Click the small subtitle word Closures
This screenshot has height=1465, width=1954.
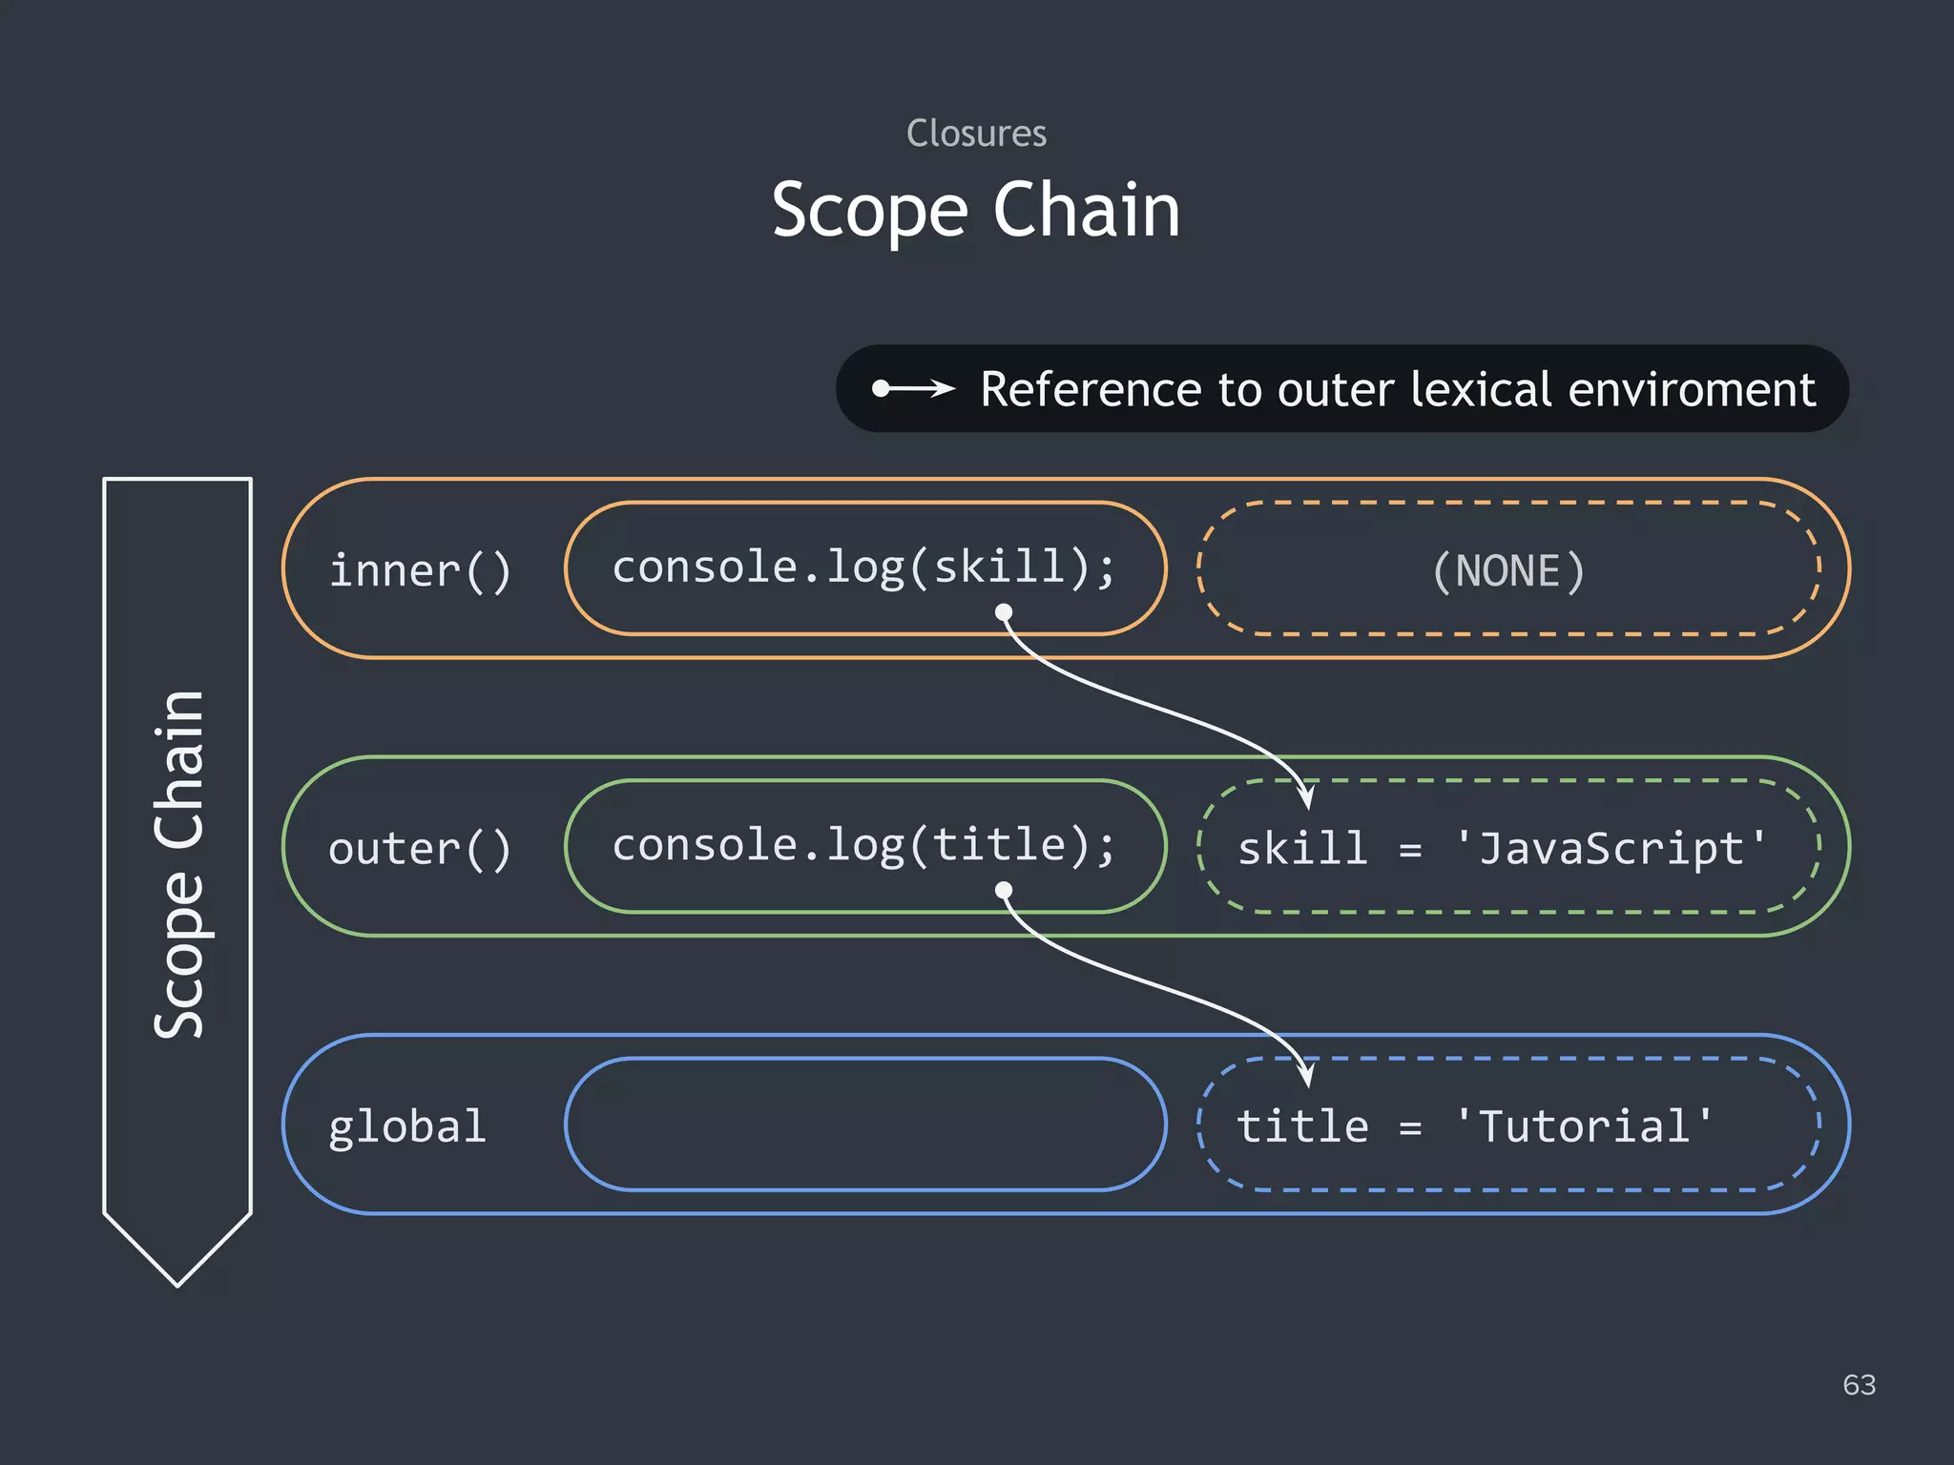[976, 134]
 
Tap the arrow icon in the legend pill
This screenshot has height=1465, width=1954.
[913, 388]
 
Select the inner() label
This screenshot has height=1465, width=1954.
[420, 570]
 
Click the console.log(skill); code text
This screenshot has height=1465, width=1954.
[863, 567]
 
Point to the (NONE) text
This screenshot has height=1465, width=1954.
[1508, 570]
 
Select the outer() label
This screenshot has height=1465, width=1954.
[420, 848]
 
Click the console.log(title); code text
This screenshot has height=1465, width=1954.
[863, 844]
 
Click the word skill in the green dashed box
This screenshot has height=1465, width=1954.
[1302, 848]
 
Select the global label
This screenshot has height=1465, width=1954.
[407, 1126]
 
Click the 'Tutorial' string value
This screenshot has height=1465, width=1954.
[1584, 1126]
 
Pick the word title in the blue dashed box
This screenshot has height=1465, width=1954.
[1302, 1126]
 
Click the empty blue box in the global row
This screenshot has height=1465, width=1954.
[865, 1124]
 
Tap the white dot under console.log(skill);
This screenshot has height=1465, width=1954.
[1004, 612]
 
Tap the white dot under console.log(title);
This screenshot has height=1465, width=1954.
[1004, 890]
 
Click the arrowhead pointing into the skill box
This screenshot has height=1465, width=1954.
[1306, 794]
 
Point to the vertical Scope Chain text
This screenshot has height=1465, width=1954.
[178, 863]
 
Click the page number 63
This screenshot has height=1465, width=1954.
[1859, 1384]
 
